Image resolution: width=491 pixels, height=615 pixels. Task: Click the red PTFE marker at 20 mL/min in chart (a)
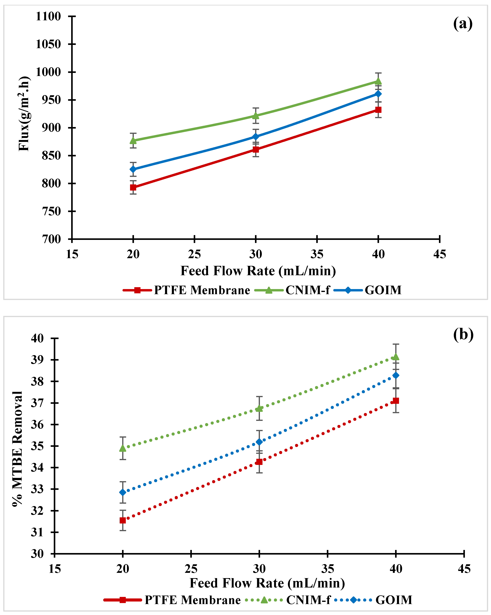click(x=133, y=187)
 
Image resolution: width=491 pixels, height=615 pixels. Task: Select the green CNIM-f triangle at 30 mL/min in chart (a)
click(x=256, y=116)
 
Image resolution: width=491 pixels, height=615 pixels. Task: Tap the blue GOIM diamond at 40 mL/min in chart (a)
click(x=378, y=94)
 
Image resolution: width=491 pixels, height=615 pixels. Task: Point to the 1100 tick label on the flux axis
click(x=48, y=17)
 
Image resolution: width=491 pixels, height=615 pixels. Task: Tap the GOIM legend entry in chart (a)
click(x=383, y=290)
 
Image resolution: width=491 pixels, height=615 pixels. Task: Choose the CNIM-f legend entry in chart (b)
click(x=308, y=600)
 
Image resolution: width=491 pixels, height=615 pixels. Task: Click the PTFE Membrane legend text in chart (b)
click(x=193, y=600)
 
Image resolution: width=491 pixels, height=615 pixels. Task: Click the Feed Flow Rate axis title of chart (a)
click(x=258, y=271)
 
